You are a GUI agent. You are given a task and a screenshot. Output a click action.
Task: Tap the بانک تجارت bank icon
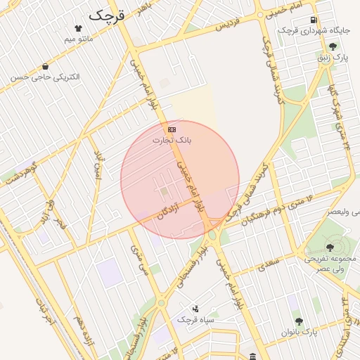pyautogui.click(x=172, y=130)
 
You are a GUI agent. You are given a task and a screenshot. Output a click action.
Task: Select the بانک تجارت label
pyautogui.click(x=172, y=141)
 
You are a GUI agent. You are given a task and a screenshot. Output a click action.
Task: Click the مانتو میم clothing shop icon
pyautogui.click(x=78, y=28)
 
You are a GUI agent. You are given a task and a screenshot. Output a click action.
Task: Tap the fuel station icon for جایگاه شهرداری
pyautogui.click(x=313, y=20)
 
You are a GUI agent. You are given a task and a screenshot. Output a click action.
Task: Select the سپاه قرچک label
pyautogui.click(x=195, y=319)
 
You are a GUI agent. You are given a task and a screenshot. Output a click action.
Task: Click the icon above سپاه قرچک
pyautogui.click(x=195, y=309)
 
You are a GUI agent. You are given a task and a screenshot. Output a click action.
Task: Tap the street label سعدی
pyautogui.click(x=269, y=265)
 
